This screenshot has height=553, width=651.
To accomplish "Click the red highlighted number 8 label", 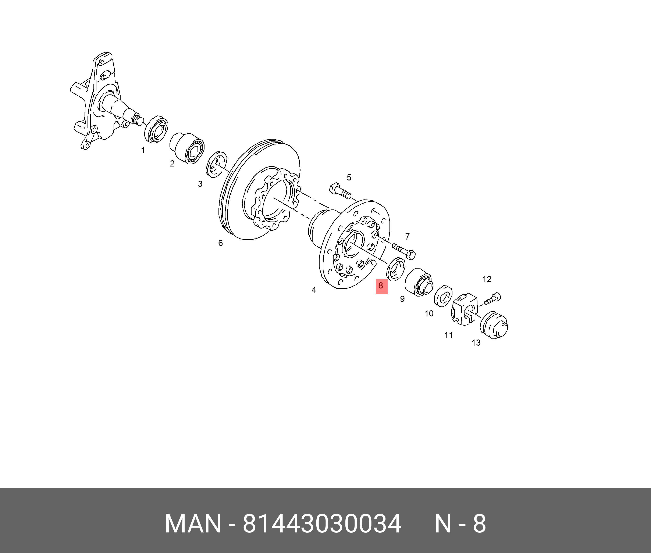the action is pyautogui.click(x=382, y=286).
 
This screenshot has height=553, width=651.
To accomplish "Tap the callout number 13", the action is pyautogui.click(x=476, y=343).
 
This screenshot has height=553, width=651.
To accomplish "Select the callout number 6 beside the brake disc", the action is pyautogui.click(x=220, y=243).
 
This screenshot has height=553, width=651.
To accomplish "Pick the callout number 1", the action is pyautogui.click(x=143, y=150).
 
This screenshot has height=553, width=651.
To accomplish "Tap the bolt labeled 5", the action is pyautogui.click(x=340, y=190).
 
